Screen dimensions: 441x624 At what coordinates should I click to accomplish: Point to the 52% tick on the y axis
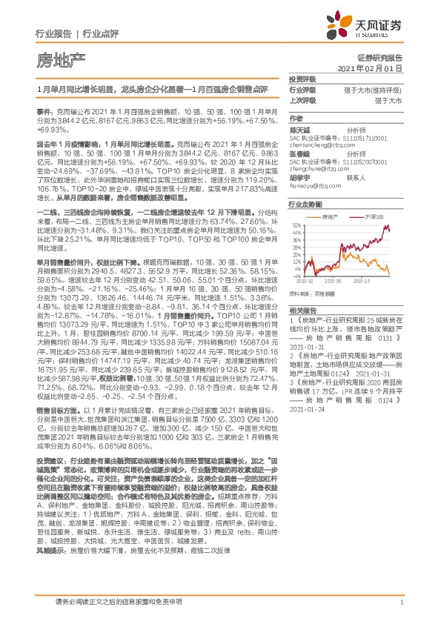tap(296, 224)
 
